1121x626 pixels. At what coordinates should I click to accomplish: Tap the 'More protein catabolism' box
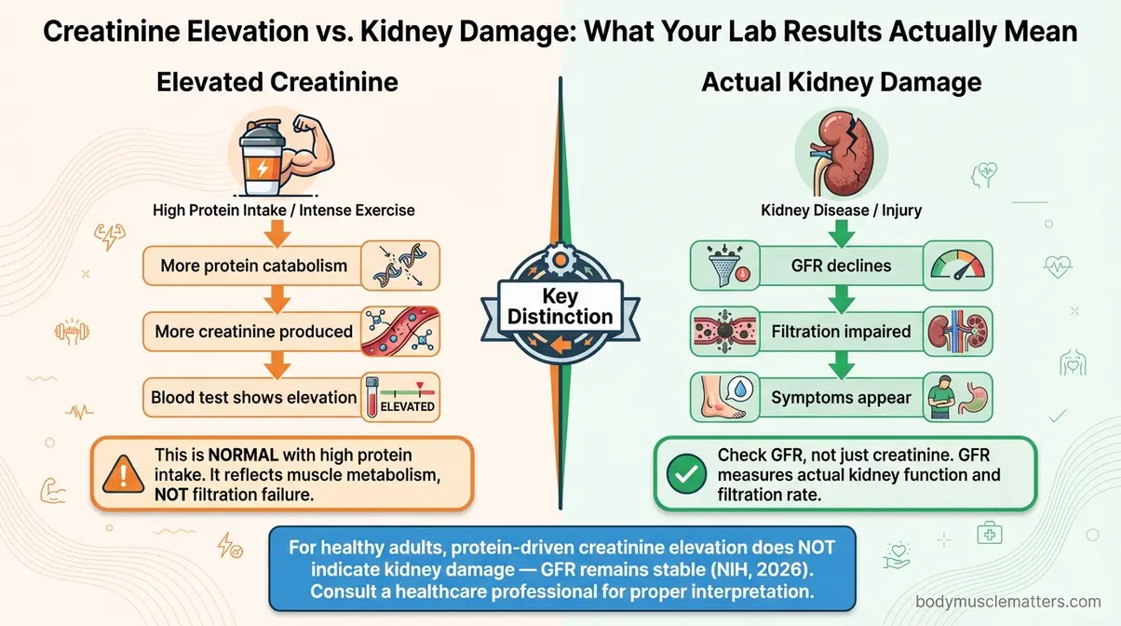click(253, 265)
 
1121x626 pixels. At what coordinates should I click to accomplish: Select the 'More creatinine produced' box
click(253, 331)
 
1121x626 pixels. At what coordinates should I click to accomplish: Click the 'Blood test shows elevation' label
click(253, 398)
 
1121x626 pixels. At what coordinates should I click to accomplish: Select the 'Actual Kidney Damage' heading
click(841, 82)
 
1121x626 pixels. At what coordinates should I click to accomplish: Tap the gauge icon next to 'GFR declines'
click(958, 265)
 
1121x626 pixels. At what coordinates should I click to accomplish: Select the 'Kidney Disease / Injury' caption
click(841, 210)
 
